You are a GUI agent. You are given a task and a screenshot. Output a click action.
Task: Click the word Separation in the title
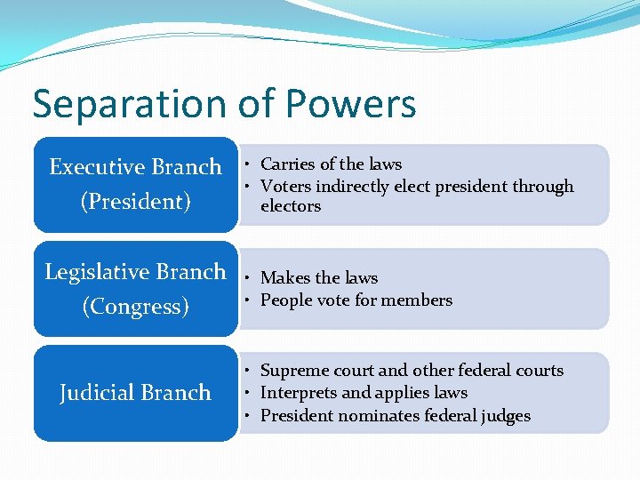pyautogui.click(x=119, y=104)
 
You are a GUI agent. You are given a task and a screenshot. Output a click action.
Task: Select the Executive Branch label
pyautogui.click(x=135, y=167)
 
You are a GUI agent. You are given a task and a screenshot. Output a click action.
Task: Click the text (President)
pyautogui.click(x=135, y=202)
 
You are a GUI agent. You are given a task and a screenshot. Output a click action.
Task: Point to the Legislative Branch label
pyautogui.click(x=135, y=272)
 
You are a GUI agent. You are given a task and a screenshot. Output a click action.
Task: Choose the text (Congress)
pyautogui.click(x=135, y=307)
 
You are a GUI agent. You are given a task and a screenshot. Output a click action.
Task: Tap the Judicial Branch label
pyautogui.click(x=135, y=393)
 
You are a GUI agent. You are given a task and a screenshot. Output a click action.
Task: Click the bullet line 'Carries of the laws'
pyautogui.click(x=331, y=164)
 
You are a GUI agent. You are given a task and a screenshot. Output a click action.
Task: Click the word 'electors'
pyautogui.click(x=291, y=206)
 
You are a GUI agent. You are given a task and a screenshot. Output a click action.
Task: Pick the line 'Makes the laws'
pyautogui.click(x=319, y=278)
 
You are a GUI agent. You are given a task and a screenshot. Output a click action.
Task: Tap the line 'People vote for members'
pyautogui.click(x=356, y=300)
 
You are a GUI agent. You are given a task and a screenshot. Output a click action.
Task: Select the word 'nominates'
pyautogui.click(x=368, y=416)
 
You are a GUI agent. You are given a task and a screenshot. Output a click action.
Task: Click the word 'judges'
pyautogui.click(x=506, y=416)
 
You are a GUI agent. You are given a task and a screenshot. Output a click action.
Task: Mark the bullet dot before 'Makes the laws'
pyautogui.click(x=252, y=278)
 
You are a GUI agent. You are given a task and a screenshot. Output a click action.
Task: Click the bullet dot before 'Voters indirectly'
pyautogui.click(x=252, y=187)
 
